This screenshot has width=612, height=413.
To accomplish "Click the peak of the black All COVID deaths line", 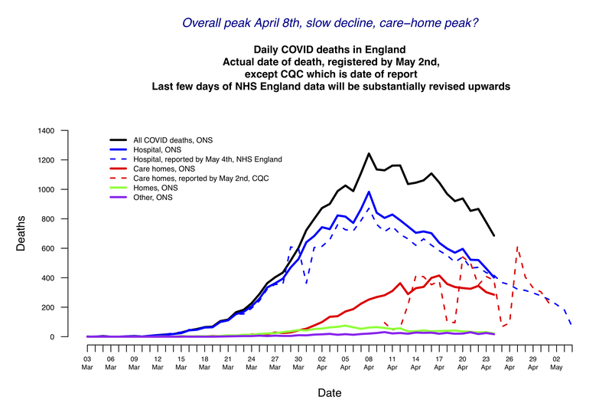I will (369, 153).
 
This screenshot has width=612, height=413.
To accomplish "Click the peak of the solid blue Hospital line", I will (369, 192).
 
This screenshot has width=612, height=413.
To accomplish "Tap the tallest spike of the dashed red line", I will (518, 246).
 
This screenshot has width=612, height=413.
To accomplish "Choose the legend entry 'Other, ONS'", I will (154, 198).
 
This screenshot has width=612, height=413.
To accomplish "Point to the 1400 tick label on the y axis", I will (67, 131).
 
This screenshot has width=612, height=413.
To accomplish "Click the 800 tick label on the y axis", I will (70, 219).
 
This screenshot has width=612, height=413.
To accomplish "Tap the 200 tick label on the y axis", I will (70, 307).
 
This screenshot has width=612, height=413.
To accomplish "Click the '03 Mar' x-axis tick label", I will (88, 361).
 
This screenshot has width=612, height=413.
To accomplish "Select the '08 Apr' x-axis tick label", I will (369, 361).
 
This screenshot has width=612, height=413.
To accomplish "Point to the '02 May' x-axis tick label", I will (556, 361).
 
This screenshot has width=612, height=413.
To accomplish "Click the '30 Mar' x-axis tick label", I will (298, 361).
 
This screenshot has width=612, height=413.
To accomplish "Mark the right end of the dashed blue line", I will (571, 325).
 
